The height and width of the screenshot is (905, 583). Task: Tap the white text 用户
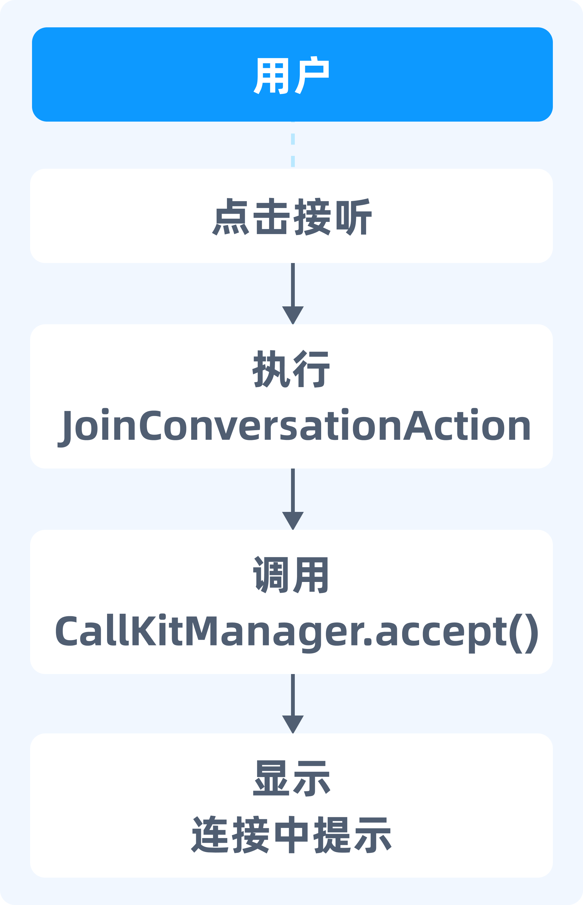coord(291,75)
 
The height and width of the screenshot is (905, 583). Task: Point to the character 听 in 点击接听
coord(354,217)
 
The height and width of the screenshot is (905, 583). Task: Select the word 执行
coord(291,369)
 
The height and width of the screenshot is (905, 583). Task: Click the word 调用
coord(291,575)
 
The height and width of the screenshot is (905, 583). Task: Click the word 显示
coord(291,778)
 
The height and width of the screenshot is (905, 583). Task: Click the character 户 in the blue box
coord(312,75)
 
